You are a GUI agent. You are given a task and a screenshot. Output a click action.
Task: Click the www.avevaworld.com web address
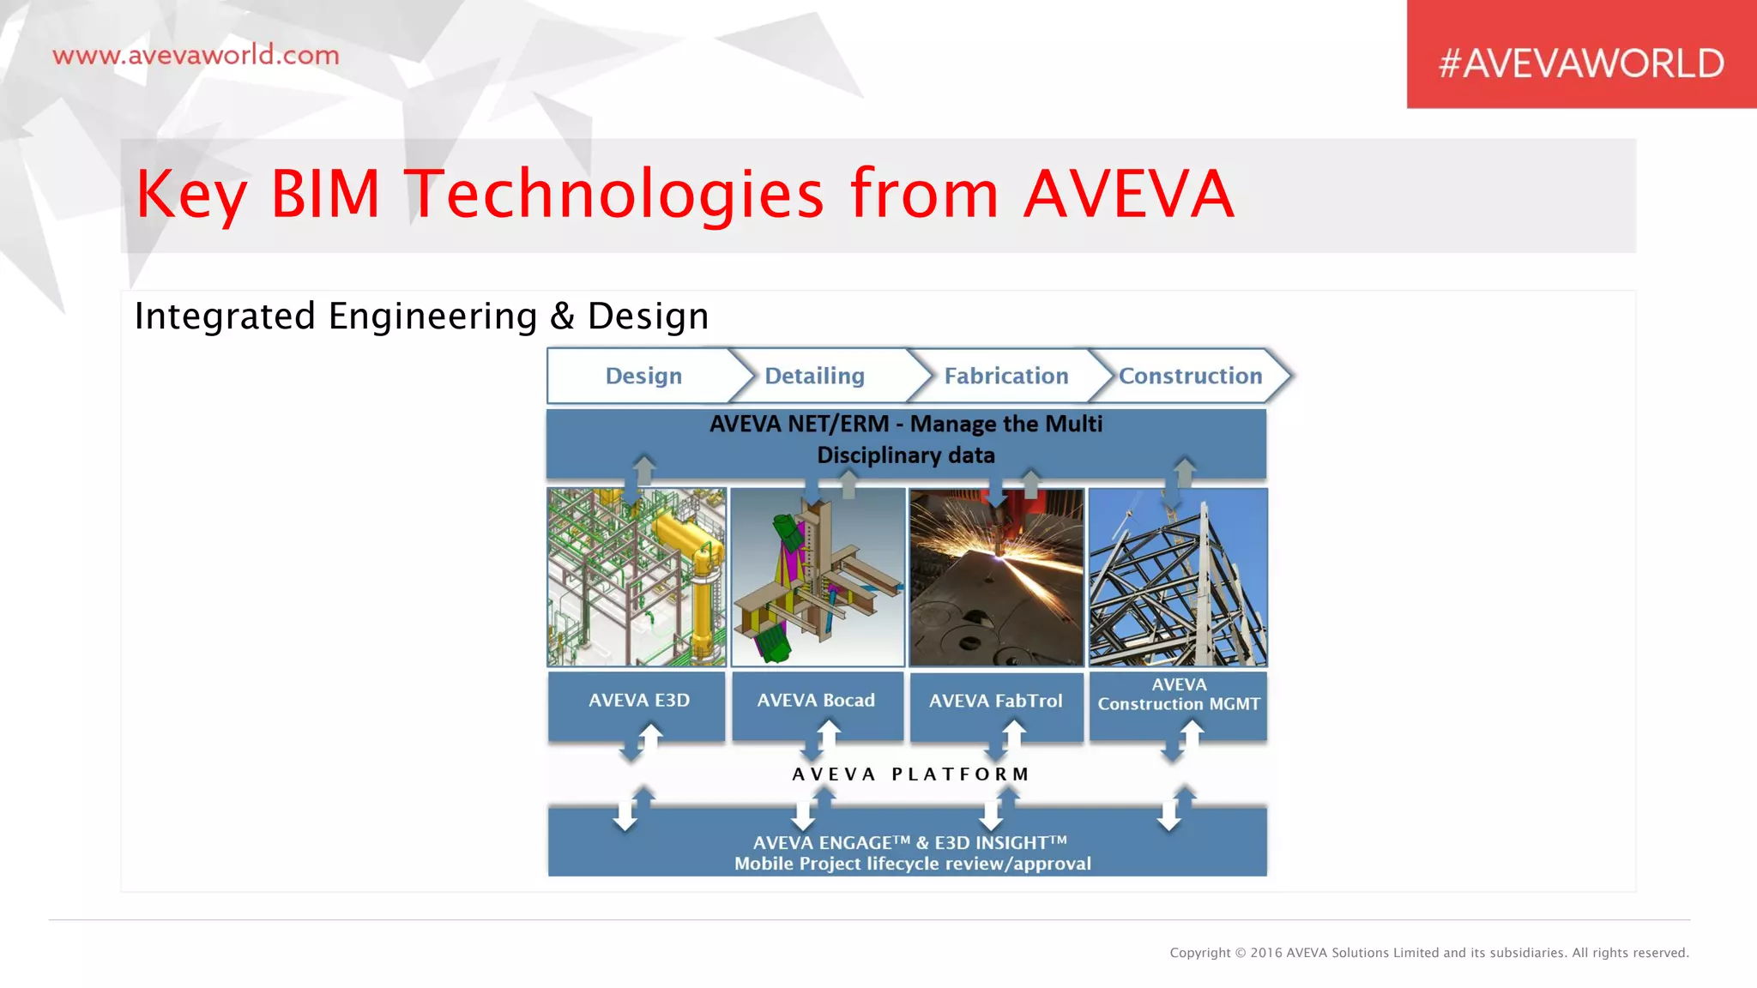coord(196,56)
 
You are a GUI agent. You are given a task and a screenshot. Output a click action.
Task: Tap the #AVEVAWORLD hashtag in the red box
coord(1580,63)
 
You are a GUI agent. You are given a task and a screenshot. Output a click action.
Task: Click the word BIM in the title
coord(325,194)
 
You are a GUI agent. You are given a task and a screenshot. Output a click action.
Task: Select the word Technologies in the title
coord(614,194)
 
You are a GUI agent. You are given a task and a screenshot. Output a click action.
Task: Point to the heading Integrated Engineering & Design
coord(421,316)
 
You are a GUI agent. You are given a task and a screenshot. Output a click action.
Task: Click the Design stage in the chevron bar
coord(643,376)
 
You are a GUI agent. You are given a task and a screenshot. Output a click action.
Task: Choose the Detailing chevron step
coord(814,376)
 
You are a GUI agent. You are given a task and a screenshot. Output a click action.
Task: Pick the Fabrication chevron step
coord(1005,376)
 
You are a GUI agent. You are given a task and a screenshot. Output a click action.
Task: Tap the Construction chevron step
coord(1190,376)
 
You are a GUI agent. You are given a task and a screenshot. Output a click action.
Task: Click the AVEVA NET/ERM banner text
coord(906,439)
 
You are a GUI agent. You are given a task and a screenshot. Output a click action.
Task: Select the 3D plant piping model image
coord(637,577)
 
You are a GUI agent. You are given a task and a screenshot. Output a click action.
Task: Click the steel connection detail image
coord(818,577)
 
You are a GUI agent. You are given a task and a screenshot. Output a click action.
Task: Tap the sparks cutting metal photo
coord(996,577)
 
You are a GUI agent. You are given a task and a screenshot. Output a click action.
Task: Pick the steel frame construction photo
coord(1178,577)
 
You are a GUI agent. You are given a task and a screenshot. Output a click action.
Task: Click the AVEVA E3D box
coord(638,701)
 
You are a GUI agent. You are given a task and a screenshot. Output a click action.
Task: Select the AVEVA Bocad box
coord(816,701)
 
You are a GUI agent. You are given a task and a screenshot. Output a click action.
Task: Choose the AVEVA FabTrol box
coord(995,702)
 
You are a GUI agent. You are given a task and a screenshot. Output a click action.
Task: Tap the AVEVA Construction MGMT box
coord(1179,695)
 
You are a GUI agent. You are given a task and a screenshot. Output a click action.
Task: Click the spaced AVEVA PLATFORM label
coord(910,774)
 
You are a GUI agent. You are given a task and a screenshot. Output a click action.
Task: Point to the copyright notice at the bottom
coord(1428,953)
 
